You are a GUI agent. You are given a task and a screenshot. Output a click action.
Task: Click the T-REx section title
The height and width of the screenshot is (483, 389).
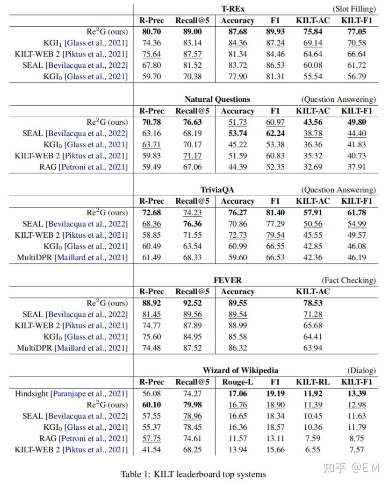coord(233,9)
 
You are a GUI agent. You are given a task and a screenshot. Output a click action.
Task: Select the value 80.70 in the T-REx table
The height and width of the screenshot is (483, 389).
coord(151,32)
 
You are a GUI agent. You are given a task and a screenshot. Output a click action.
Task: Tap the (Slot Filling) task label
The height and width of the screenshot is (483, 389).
coord(354,9)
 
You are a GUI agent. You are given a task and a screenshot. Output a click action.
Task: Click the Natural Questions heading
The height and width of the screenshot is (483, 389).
coord(217,99)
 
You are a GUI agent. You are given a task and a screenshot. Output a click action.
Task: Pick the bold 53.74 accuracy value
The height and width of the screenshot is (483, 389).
coord(237,134)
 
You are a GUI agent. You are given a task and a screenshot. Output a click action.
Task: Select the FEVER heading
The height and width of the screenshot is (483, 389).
coord(228,280)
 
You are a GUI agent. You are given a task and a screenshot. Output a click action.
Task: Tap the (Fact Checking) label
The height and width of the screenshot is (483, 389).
coord(348,280)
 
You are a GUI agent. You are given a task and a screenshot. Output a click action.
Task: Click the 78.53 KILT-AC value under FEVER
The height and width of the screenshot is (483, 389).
coord(312,303)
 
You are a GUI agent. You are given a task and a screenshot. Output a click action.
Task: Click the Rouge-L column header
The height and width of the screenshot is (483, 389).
coord(237,382)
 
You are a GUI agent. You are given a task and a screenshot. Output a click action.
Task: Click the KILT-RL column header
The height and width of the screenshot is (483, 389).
coord(312,382)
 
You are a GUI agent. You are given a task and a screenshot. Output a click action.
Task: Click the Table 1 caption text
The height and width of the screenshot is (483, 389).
coord(193,474)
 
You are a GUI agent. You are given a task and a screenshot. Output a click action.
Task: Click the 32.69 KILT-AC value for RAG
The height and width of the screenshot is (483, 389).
coord(312,167)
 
